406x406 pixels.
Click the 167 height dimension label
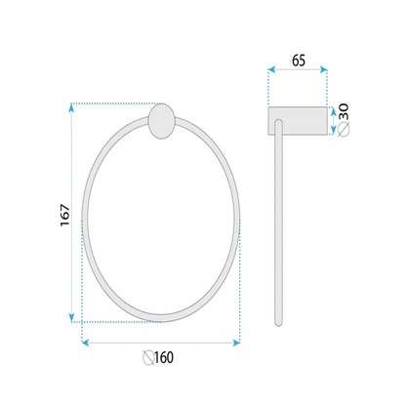click(65, 215)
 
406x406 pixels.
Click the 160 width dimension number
click(164, 357)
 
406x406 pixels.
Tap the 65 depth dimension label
click(299, 61)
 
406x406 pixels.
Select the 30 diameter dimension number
click(344, 111)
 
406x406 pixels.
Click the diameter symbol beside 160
click(148, 358)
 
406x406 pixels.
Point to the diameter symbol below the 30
click(344, 130)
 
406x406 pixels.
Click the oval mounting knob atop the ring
click(162, 121)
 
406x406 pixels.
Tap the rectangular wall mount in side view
click(298, 121)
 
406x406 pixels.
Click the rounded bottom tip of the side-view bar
click(278, 323)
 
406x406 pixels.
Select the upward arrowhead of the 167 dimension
click(71, 107)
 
